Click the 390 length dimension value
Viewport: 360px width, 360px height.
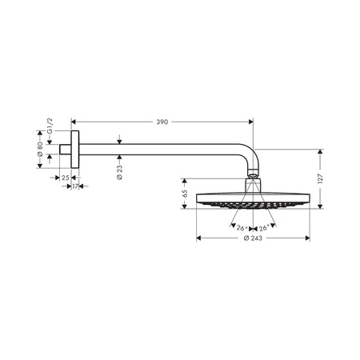[x=162, y=122]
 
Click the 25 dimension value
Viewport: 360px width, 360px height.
[x=65, y=177]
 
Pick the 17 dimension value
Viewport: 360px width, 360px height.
[x=75, y=187]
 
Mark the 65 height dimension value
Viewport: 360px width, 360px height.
[x=185, y=194]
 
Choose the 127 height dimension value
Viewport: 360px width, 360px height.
[x=321, y=179]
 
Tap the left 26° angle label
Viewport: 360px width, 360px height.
[x=241, y=228]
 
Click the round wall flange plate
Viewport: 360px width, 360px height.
[x=76, y=149]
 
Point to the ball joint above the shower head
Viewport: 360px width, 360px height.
[x=252, y=175]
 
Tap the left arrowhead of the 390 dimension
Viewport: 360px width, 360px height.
[x=74, y=122]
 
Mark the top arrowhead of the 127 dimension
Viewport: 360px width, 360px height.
[x=321, y=150]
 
